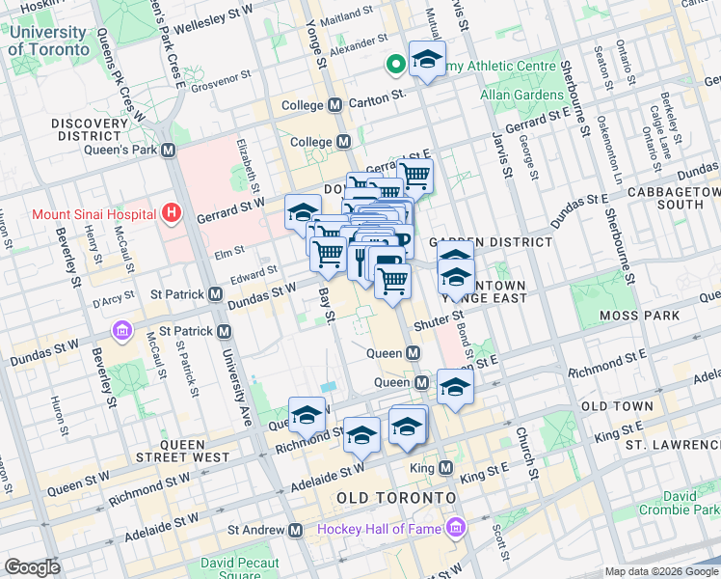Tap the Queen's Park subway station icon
[x=169, y=151]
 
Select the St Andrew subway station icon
[x=296, y=530]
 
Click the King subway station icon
[x=445, y=468]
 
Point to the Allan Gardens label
[x=522, y=96]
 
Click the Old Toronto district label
[x=395, y=497]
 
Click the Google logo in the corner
[x=32, y=567]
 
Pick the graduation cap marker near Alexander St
[x=427, y=60]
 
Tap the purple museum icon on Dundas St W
[x=122, y=332]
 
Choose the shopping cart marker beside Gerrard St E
[x=415, y=175]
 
